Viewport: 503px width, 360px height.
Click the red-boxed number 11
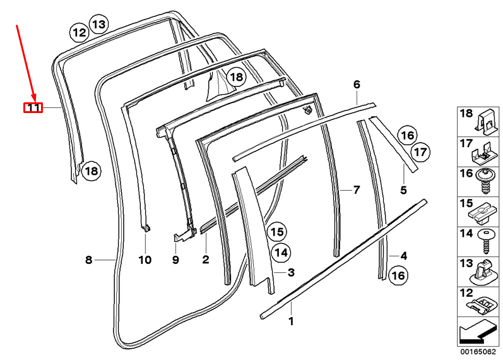(x=33, y=108)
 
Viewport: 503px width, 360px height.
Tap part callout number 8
(x=89, y=260)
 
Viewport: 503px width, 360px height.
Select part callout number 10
(x=145, y=260)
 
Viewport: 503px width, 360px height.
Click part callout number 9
(x=176, y=260)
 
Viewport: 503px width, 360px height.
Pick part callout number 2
(x=205, y=260)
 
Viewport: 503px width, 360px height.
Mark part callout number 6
(x=357, y=84)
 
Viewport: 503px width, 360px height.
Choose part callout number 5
(x=403, y=189)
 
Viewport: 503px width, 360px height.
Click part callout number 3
(x=291, y=272)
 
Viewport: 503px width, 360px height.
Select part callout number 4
(x=403, y=256)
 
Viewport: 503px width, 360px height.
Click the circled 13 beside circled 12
(x=98, y=25)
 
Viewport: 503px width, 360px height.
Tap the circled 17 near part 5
(x=420, y=152)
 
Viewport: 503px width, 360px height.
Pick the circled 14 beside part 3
(x=281, y=253)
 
